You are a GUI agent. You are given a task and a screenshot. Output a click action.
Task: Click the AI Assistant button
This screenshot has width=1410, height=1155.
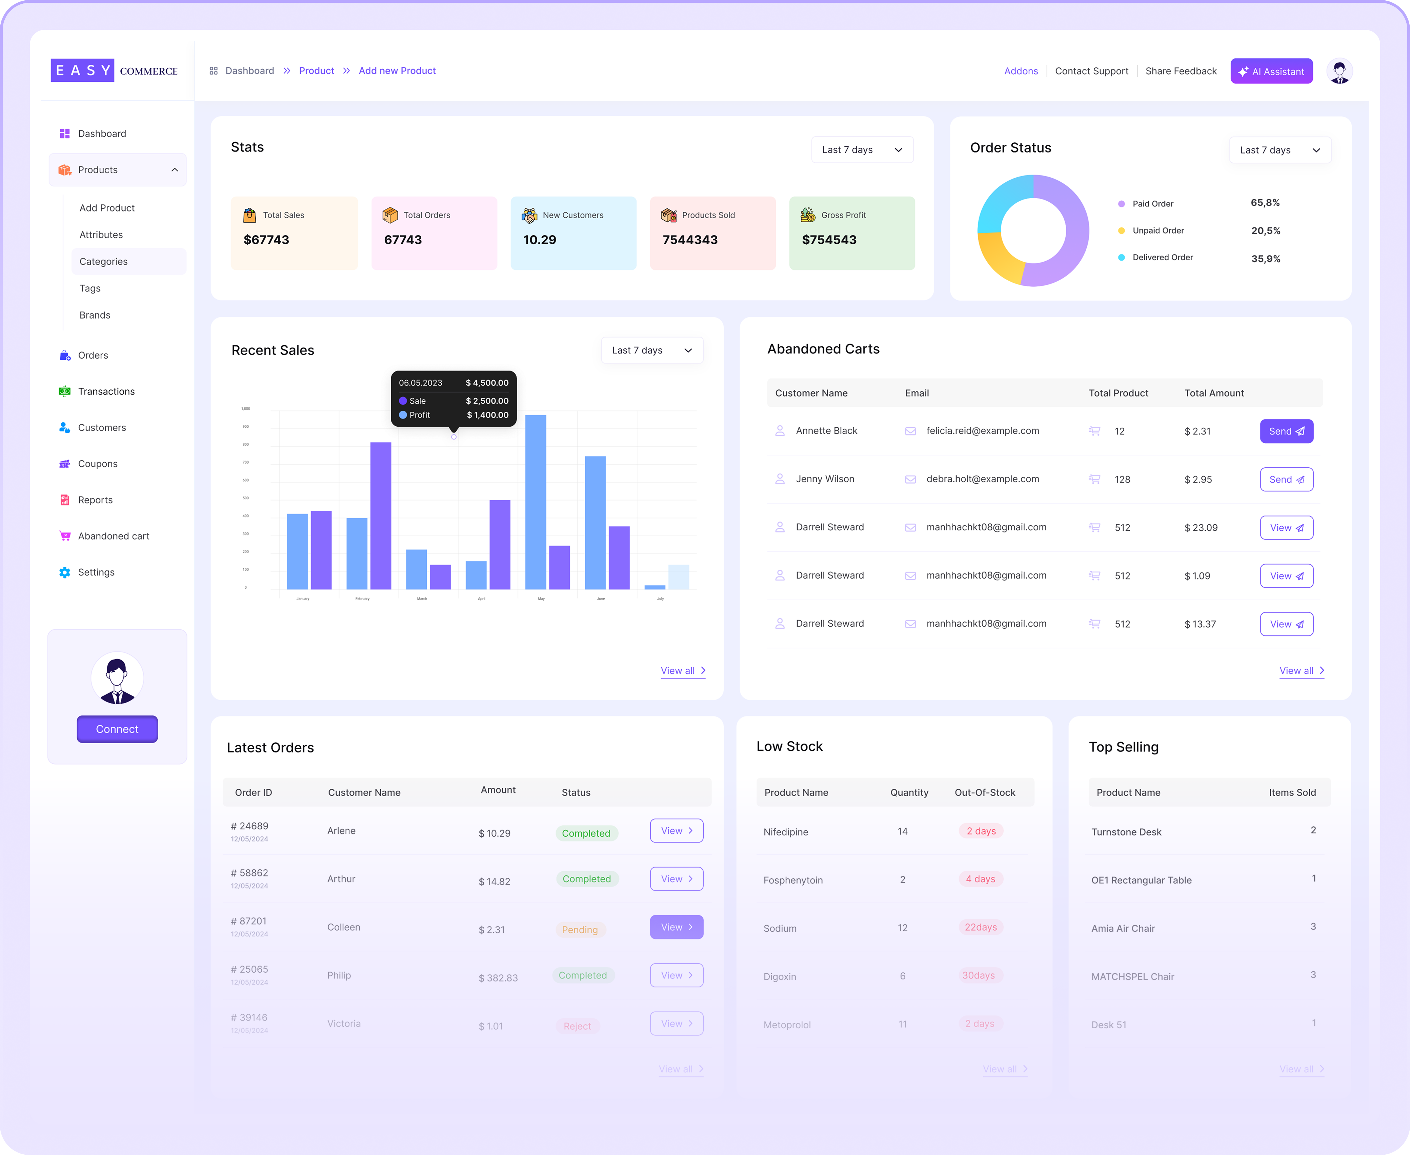1271,71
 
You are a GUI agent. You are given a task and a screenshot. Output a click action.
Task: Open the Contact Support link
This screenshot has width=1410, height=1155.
1091,71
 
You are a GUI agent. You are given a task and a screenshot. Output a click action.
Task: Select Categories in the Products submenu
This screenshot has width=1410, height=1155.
104,262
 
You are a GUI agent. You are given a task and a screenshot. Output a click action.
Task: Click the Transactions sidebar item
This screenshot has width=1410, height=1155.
106,391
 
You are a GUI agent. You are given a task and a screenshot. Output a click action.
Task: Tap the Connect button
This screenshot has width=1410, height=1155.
117,729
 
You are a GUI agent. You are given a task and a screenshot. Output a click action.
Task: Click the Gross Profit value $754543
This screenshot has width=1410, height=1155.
829,240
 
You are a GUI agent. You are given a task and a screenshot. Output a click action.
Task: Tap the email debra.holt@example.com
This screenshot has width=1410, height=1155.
982,479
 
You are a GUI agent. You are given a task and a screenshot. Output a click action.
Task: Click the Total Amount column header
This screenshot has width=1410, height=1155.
1214,393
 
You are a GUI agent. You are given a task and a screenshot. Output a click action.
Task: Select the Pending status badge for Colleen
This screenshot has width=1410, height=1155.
580,929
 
